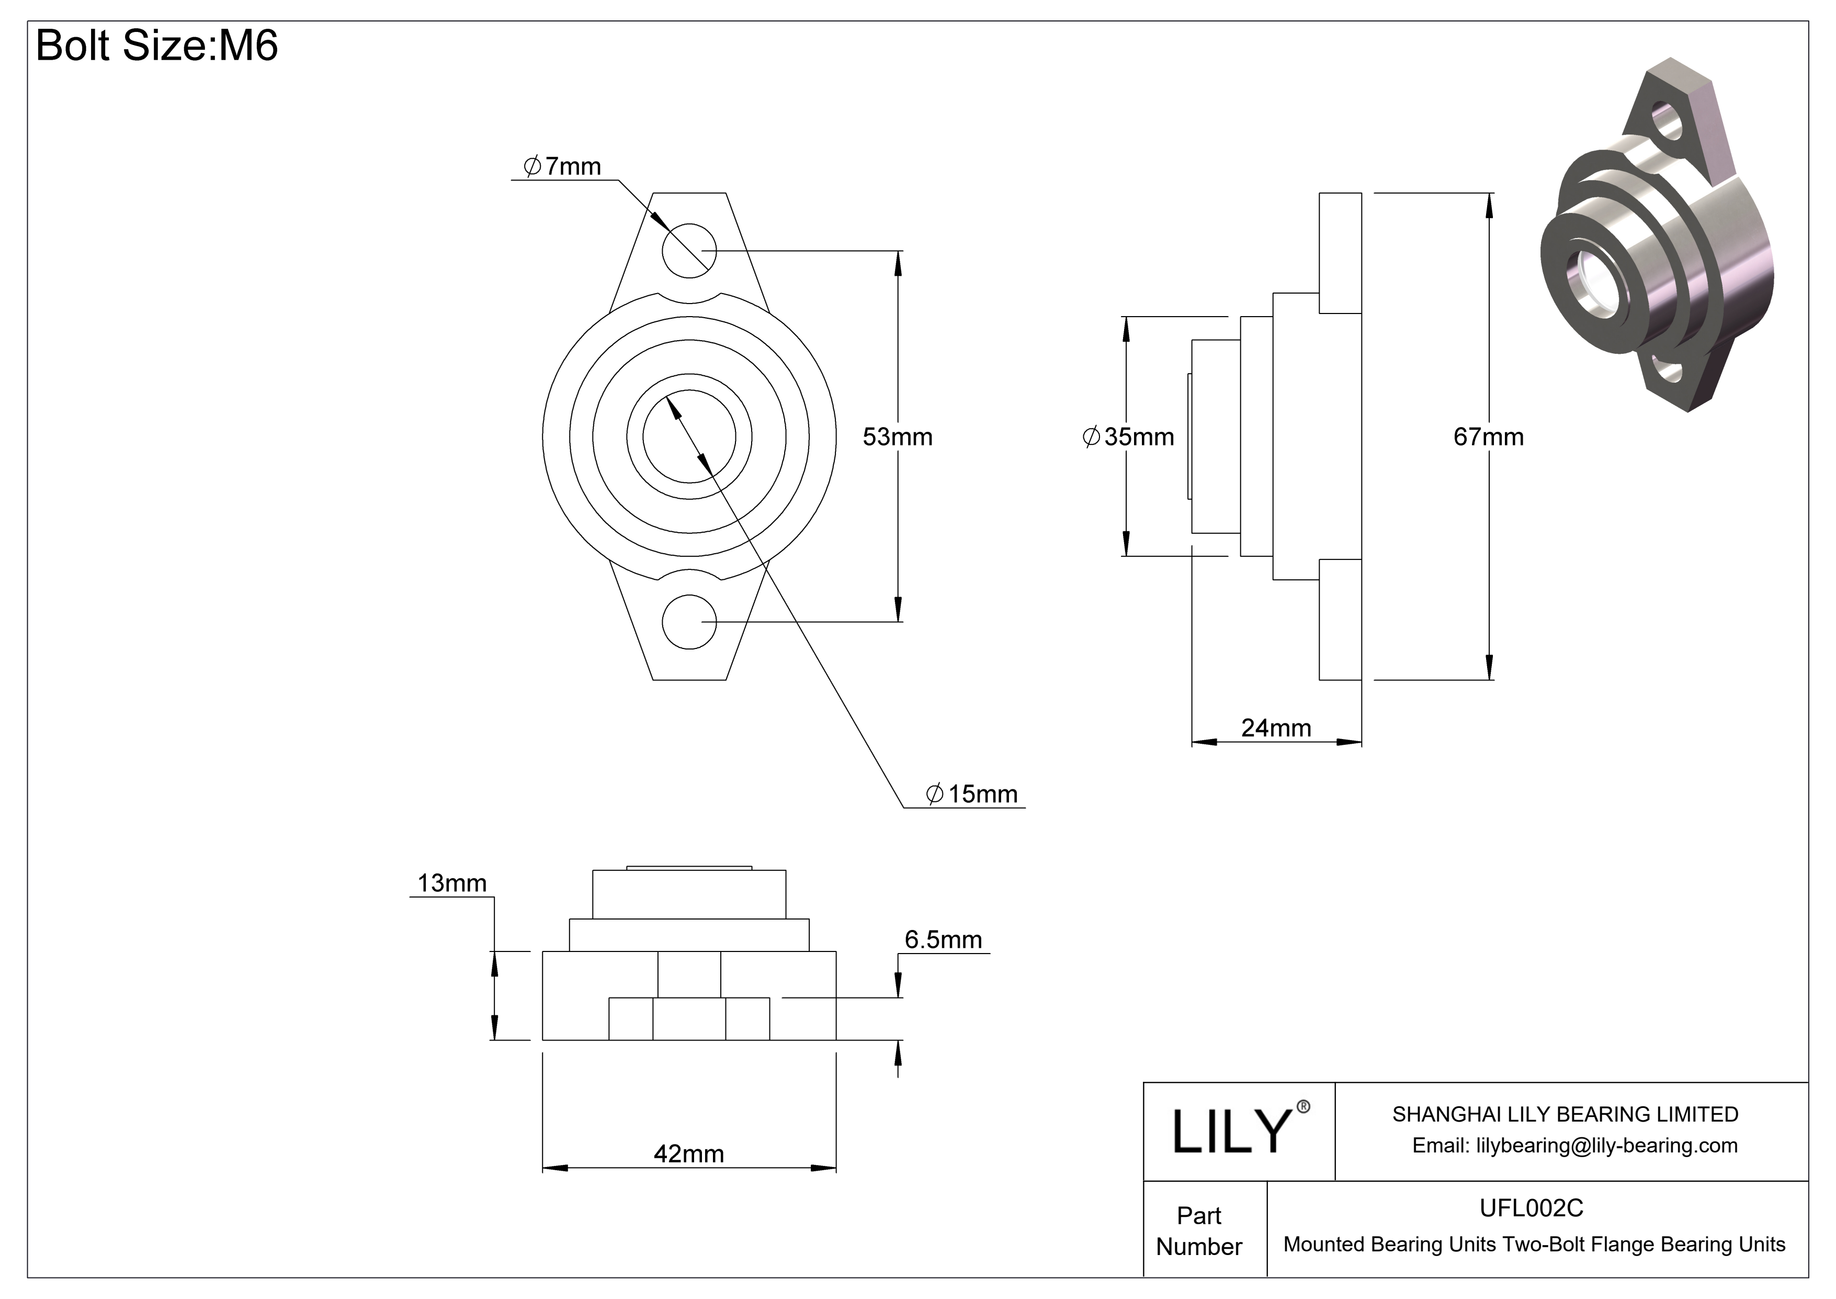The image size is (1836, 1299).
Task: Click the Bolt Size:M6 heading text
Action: pos(157,46)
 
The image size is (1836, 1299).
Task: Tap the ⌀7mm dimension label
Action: pos(562,166)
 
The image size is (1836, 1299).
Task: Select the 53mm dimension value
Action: pos(897,436)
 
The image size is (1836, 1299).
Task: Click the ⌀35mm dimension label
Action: pos(1128,436)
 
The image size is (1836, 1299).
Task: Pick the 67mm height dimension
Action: pos(1488,436)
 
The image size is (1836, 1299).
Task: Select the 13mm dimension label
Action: pos(452,883)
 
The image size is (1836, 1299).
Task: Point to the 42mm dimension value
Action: pos(688,1154)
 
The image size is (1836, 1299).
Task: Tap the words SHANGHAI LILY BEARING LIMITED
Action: pos(1565,1114)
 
